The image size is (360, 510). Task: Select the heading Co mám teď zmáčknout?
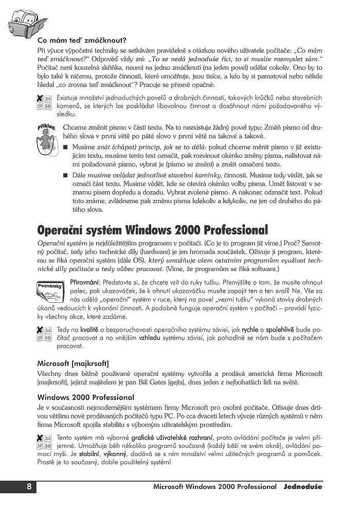pos(82,40)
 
